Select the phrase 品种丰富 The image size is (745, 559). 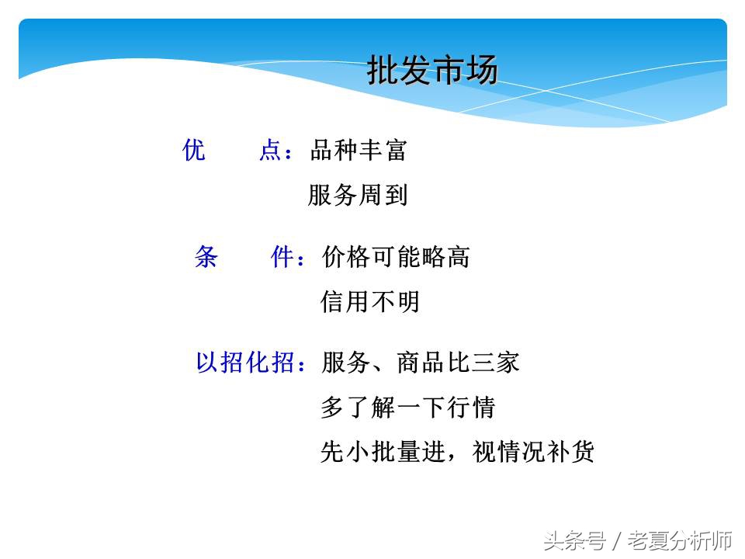359,150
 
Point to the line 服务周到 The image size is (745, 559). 358,195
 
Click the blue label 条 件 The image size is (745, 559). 247,257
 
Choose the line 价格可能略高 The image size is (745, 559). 396,257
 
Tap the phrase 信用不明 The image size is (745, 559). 370,301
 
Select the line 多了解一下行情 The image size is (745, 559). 407,407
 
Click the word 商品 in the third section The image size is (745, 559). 421,363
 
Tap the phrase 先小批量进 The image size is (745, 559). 383,452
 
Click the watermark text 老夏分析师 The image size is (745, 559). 680,540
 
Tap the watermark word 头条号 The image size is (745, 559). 574,540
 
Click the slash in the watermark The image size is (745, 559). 617,540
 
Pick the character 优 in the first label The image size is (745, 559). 194,150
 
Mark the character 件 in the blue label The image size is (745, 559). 282,257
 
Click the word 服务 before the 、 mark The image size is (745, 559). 345,363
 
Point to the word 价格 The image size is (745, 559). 345,257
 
